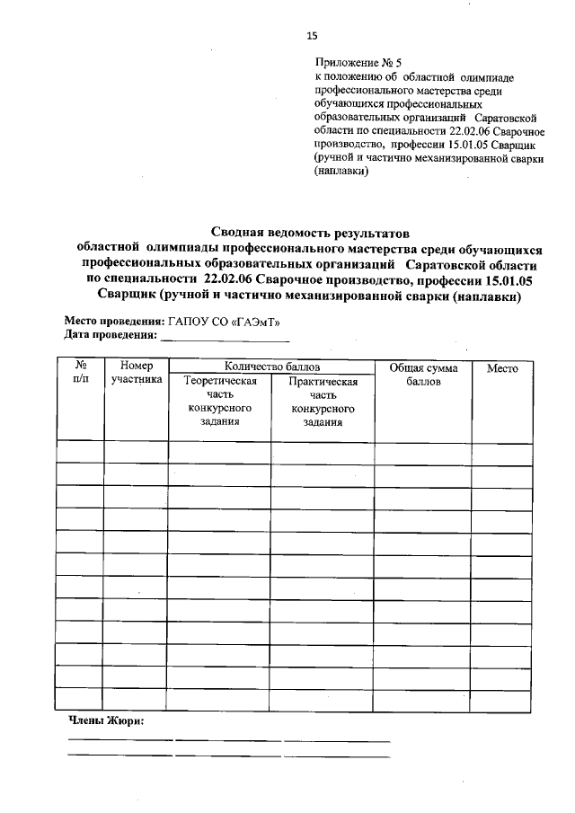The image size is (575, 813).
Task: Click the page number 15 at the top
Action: [x=312, y=36]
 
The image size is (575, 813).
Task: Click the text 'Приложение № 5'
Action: [x=357, y=63]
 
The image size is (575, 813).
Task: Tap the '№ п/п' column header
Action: [x=81, y=373]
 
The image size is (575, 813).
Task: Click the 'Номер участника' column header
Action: [x=137, y=373]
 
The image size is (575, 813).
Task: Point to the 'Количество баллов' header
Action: [x=272, y=367]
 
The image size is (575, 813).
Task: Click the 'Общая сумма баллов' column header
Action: [x=423, y=374]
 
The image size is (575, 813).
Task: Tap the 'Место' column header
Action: [x=502, y=368]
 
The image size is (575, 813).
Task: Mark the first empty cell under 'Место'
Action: [x=502, y=452]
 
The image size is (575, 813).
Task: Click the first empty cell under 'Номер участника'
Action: [x=137, y=452]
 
